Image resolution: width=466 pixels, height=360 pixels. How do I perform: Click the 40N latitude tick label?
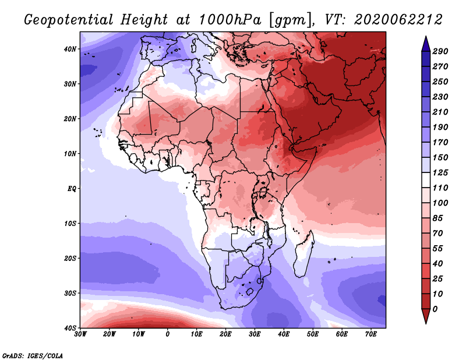click(69, 49)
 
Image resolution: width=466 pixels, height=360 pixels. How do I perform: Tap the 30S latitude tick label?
click(69, 293)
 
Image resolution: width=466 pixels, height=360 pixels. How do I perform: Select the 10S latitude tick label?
click(69, 223)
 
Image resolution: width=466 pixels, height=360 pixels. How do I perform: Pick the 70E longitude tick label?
click(370, 334)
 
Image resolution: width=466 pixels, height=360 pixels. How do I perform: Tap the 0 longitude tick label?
click(168, 334)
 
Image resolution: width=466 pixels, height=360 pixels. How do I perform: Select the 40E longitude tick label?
click(284, 334)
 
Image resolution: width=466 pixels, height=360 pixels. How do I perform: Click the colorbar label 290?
click(440, 52)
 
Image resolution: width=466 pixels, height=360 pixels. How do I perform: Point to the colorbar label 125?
click(440, 172)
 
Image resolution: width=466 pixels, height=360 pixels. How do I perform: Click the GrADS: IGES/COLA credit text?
click(33, 355)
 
